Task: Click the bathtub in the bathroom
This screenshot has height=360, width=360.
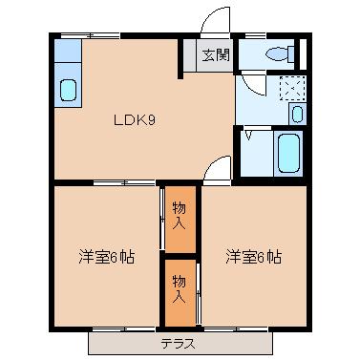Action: click(x=287, y=151)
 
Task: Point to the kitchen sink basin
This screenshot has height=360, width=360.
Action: click(x=69, y=91)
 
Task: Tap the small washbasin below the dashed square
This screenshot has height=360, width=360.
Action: click(x=297, y=115)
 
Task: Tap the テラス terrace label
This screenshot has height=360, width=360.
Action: click(x=177, y=342)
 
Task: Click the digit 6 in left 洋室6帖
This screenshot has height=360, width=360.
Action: click(x=113, y=257)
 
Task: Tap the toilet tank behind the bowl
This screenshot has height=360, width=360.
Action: click(x=293, y=54)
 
